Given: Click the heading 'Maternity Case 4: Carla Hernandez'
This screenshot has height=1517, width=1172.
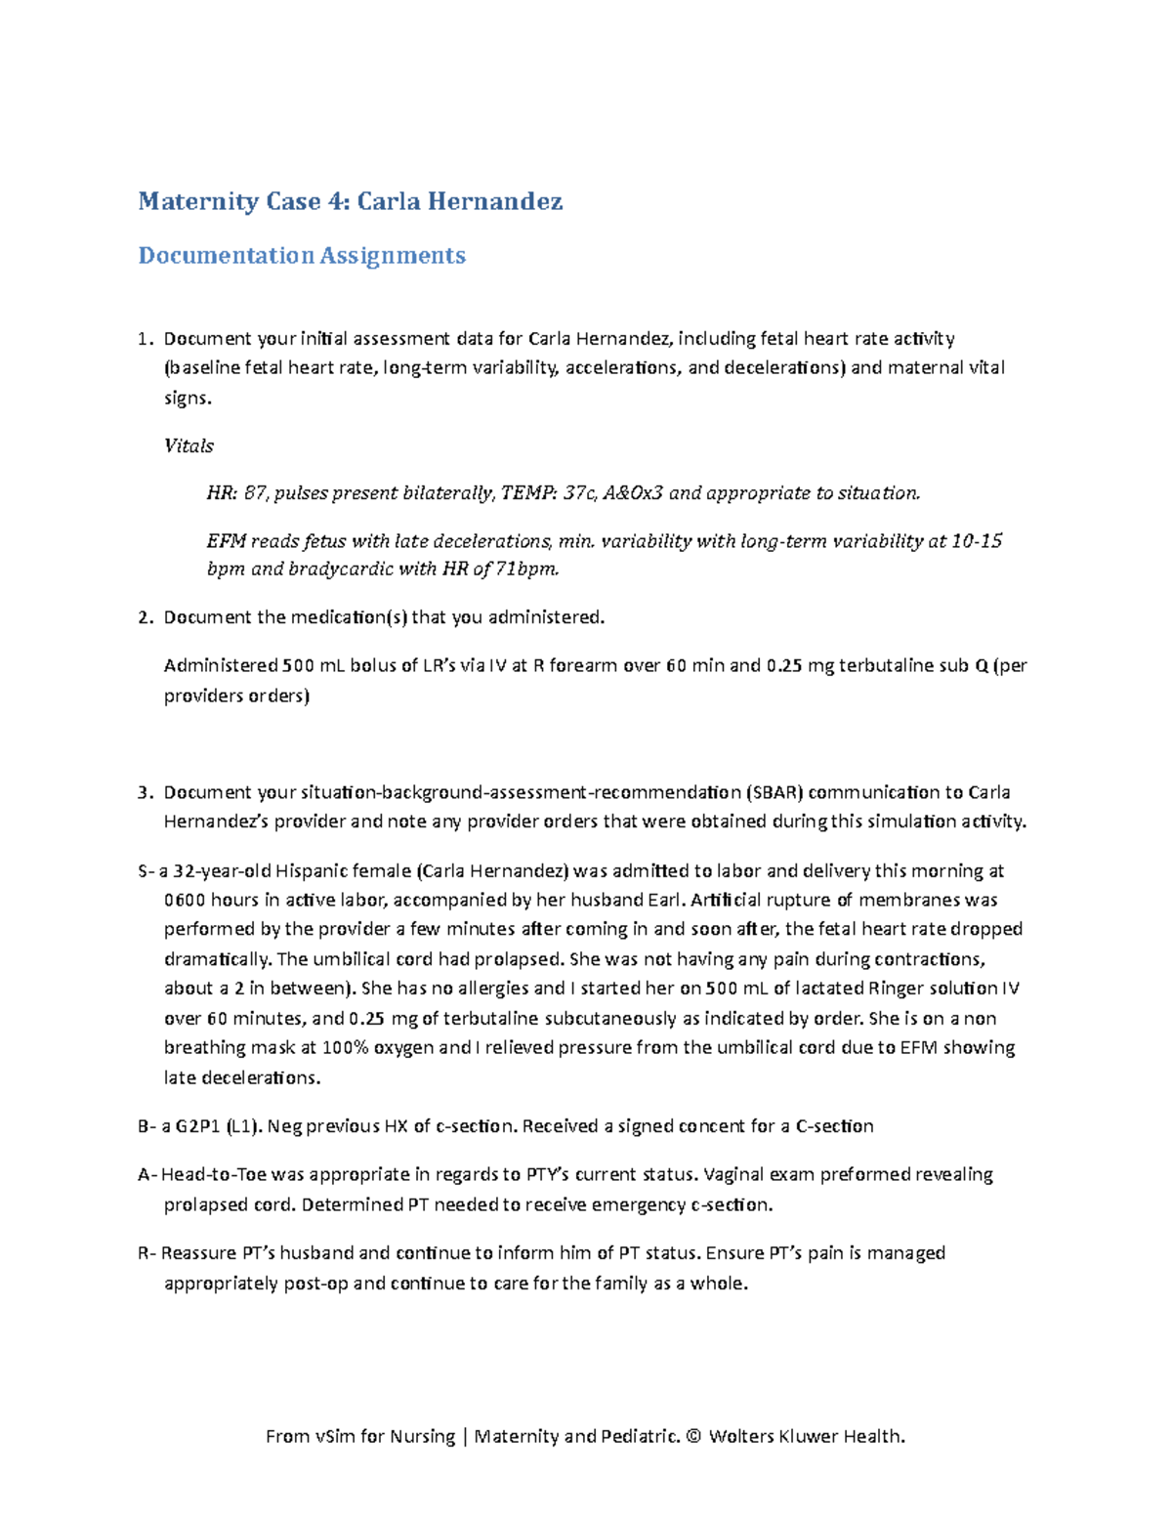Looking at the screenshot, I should pos(350,201).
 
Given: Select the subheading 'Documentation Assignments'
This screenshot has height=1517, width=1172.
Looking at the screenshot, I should pos(301,255).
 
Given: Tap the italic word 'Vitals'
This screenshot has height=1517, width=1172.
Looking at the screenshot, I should pos(188,445).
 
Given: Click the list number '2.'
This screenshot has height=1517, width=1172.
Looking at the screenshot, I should pos(146,617).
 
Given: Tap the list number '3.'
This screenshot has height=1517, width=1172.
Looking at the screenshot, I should pos(146,792).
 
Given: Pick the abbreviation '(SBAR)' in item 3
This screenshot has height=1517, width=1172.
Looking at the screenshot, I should pos(774,792).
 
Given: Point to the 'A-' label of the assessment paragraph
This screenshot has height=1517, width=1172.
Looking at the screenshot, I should pos(146,1174).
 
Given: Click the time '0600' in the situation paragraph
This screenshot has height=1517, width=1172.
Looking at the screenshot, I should pos(185,900).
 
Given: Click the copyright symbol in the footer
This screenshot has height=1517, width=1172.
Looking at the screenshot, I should pos(693,1436).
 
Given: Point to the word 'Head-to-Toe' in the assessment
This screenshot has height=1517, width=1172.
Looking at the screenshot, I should pos(213,1174).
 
